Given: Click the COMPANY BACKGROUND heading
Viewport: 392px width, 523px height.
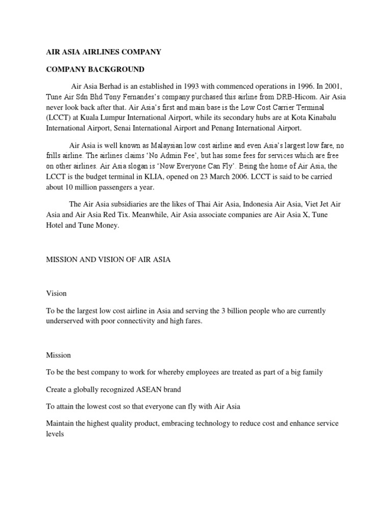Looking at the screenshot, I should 95,69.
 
